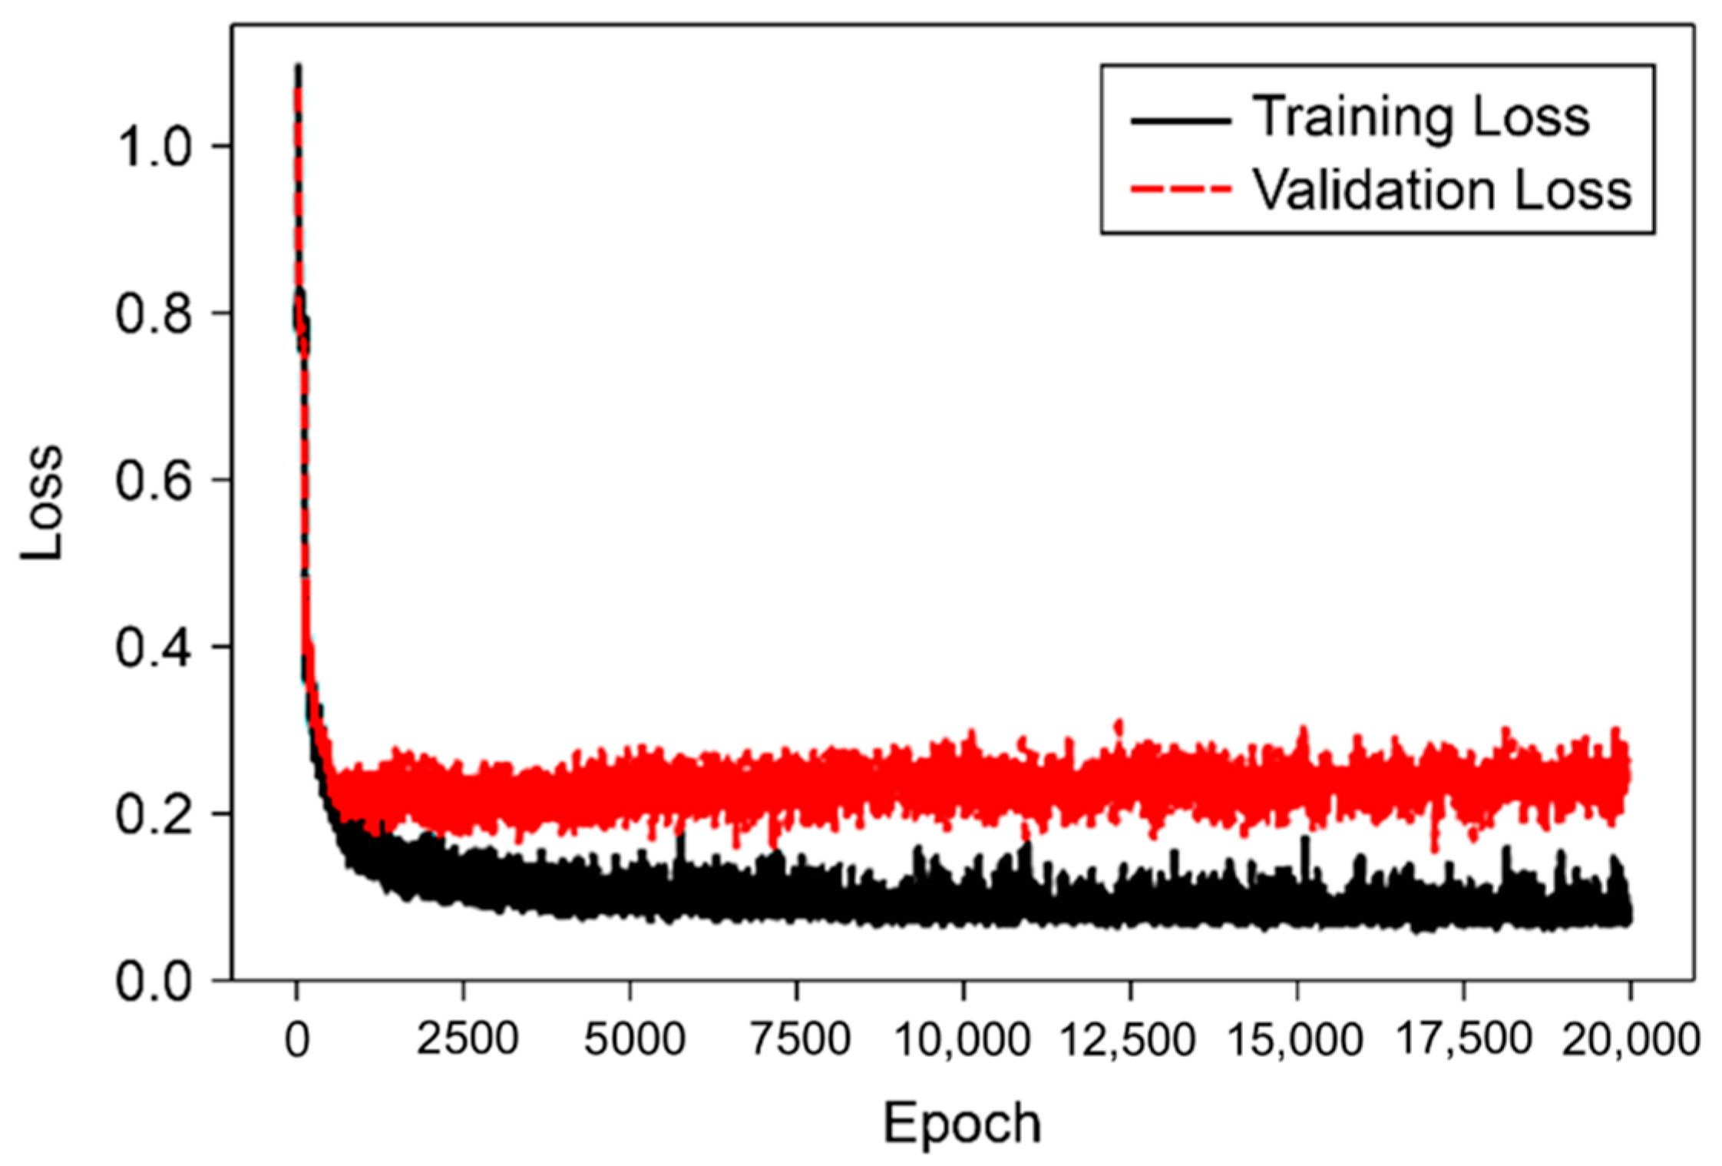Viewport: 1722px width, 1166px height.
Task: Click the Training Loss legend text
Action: click(x=1420, y=118)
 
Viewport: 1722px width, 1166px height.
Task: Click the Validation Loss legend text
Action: click(x=1442, y=190)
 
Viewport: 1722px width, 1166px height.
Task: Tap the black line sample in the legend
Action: click(x=1181, y=121)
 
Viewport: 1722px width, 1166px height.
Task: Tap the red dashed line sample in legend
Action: click(x=1181, y=189)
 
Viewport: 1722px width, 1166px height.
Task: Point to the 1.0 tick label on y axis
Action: click(x=153, y=146)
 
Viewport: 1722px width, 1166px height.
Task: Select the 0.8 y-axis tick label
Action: click(x=153, y=313)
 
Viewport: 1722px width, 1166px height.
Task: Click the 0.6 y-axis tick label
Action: click(x=153, y=480)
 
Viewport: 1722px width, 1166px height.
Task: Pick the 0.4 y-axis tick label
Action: click(x=153, y=647)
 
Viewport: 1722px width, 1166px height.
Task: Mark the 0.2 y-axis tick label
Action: click(x=153, y=813)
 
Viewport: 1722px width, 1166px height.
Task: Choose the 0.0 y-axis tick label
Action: click(x=153, y=981)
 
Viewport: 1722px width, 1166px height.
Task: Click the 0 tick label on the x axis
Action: click(x=297, y=1040)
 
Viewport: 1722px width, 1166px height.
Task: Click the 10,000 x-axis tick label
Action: click(x=962, y=1040)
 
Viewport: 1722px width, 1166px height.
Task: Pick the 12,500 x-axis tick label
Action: click(x=1128, y=1040)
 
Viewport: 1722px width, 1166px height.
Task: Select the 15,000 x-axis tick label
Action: click(x=1295, y=1040)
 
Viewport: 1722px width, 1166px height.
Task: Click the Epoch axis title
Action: click(x=962, y=1123)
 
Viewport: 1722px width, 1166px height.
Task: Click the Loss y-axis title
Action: click(x=42, y=503)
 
